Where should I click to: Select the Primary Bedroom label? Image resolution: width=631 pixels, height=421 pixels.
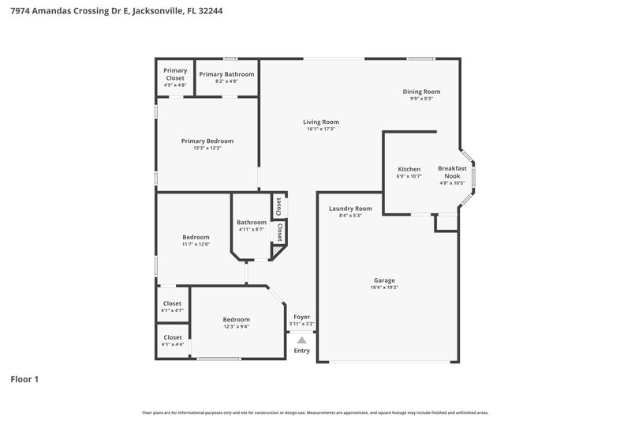click(207, 141)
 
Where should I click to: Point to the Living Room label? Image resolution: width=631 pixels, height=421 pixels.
click(321, 122)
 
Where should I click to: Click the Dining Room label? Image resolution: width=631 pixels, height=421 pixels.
click(421, 92)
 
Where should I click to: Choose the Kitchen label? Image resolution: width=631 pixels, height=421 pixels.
click(409, 169)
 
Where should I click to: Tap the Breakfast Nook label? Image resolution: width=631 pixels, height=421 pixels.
click(452, 172)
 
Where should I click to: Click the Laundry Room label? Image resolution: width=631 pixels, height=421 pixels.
click(349, 209)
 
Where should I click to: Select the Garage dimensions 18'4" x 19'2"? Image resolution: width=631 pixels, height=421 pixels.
click(384, 288)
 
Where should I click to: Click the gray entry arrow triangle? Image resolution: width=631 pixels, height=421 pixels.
click(301, 340)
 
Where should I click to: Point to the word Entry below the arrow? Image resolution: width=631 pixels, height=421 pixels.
click(301, 351)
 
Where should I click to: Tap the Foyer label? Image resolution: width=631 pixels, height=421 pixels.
click(301, 316)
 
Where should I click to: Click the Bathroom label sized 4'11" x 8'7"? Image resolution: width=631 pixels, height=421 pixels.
click(252, 222)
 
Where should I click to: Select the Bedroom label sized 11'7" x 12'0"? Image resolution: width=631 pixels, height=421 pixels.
click(196, 237)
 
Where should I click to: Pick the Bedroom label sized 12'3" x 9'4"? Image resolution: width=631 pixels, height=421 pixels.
click(236, 319)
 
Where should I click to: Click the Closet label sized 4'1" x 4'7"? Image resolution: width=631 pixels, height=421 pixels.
click(172, 303)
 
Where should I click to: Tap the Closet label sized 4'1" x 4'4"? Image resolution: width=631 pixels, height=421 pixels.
click(172, 337)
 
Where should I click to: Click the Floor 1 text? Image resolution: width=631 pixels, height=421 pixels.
click(24, 379)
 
